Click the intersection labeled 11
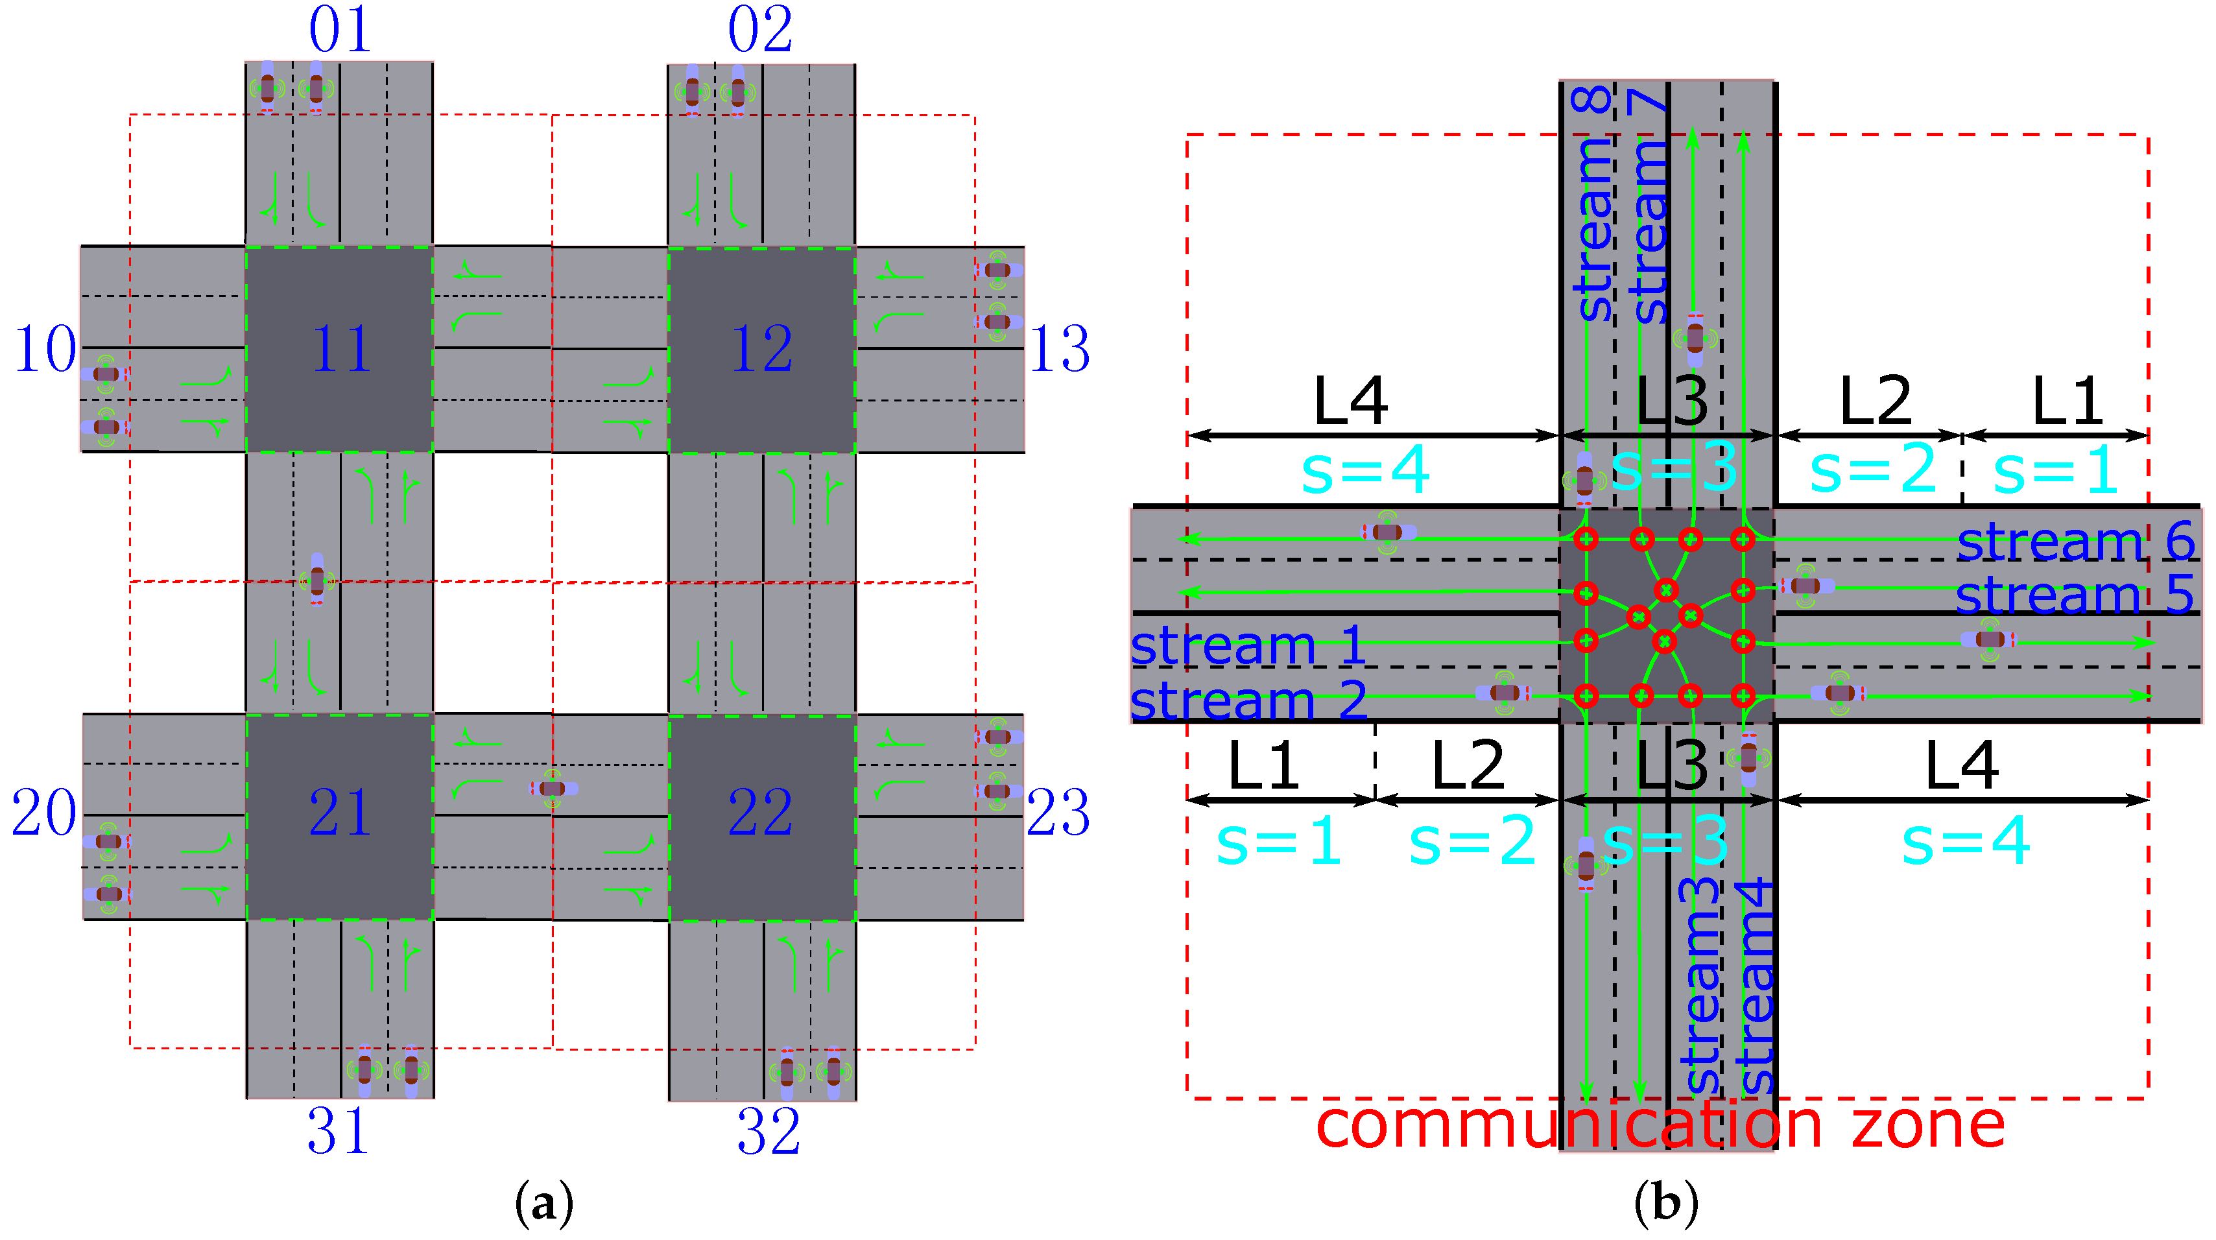pos(340,348)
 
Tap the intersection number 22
pos(761,813)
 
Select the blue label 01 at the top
pos(340,29)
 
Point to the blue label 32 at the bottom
pos(768,1132)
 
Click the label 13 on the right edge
pos(1059,350)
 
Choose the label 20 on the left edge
pos(43,813)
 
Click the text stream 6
pos(2075,542)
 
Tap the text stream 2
pos(1247,700)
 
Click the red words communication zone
pos(1660,1125)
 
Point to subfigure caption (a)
pos(543,1204)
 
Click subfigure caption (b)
pos(1665,1204)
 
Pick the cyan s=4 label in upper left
pos(1365,471)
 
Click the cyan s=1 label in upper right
pos(2055,471)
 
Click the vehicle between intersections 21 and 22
pos(554,788)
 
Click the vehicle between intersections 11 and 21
pos(317,578)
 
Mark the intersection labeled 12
pos(761,348)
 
